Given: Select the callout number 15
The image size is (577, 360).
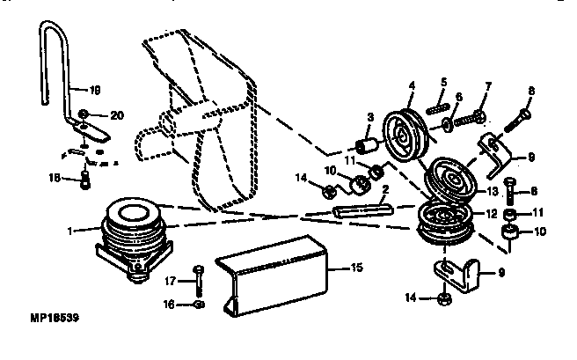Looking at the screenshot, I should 356,265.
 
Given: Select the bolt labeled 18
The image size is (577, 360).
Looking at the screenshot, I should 85,180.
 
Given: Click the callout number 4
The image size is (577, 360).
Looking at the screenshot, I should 410,85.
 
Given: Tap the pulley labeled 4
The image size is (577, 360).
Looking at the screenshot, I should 405,131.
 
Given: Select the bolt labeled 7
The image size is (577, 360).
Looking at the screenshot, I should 478,114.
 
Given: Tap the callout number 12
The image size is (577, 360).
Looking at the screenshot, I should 492,214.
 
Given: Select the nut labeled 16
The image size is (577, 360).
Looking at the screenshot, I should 199,305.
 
